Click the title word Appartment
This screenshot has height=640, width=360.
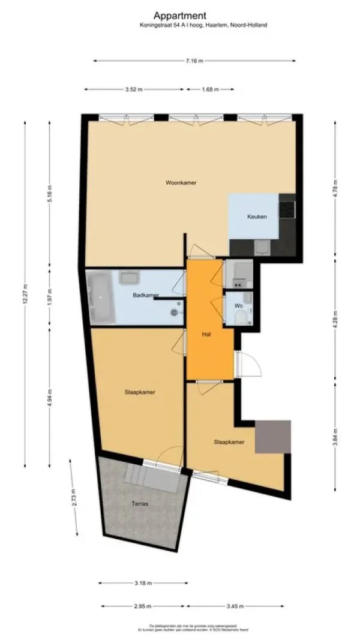pyautogui.click(x=179, y=15)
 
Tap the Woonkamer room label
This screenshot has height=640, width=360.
pyautogui.click(x=181, y=182)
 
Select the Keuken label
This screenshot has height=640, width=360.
pyautogui.click(x=257, y=217)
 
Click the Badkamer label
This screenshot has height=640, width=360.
pyautogui.click(x=145, y=295)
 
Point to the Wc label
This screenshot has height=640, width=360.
pyautogui.click(x=238, y=306)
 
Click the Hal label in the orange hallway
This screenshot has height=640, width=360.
pyautogui.click(x=205, y=335)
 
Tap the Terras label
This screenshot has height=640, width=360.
pyautogui.click(x=141, y=504)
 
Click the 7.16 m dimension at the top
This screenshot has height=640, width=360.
pyautogui.click(x=194, y=61)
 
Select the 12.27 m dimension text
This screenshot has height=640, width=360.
pyautogui.click(x=25, y=294)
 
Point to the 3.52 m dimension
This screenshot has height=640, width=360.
pyautogui.click(x=134, y=89)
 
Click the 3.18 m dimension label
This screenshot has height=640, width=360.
pyautogui.click(x=143, y=582)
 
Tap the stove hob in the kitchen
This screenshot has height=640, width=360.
pyautogui.click(x=289, y=208)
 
